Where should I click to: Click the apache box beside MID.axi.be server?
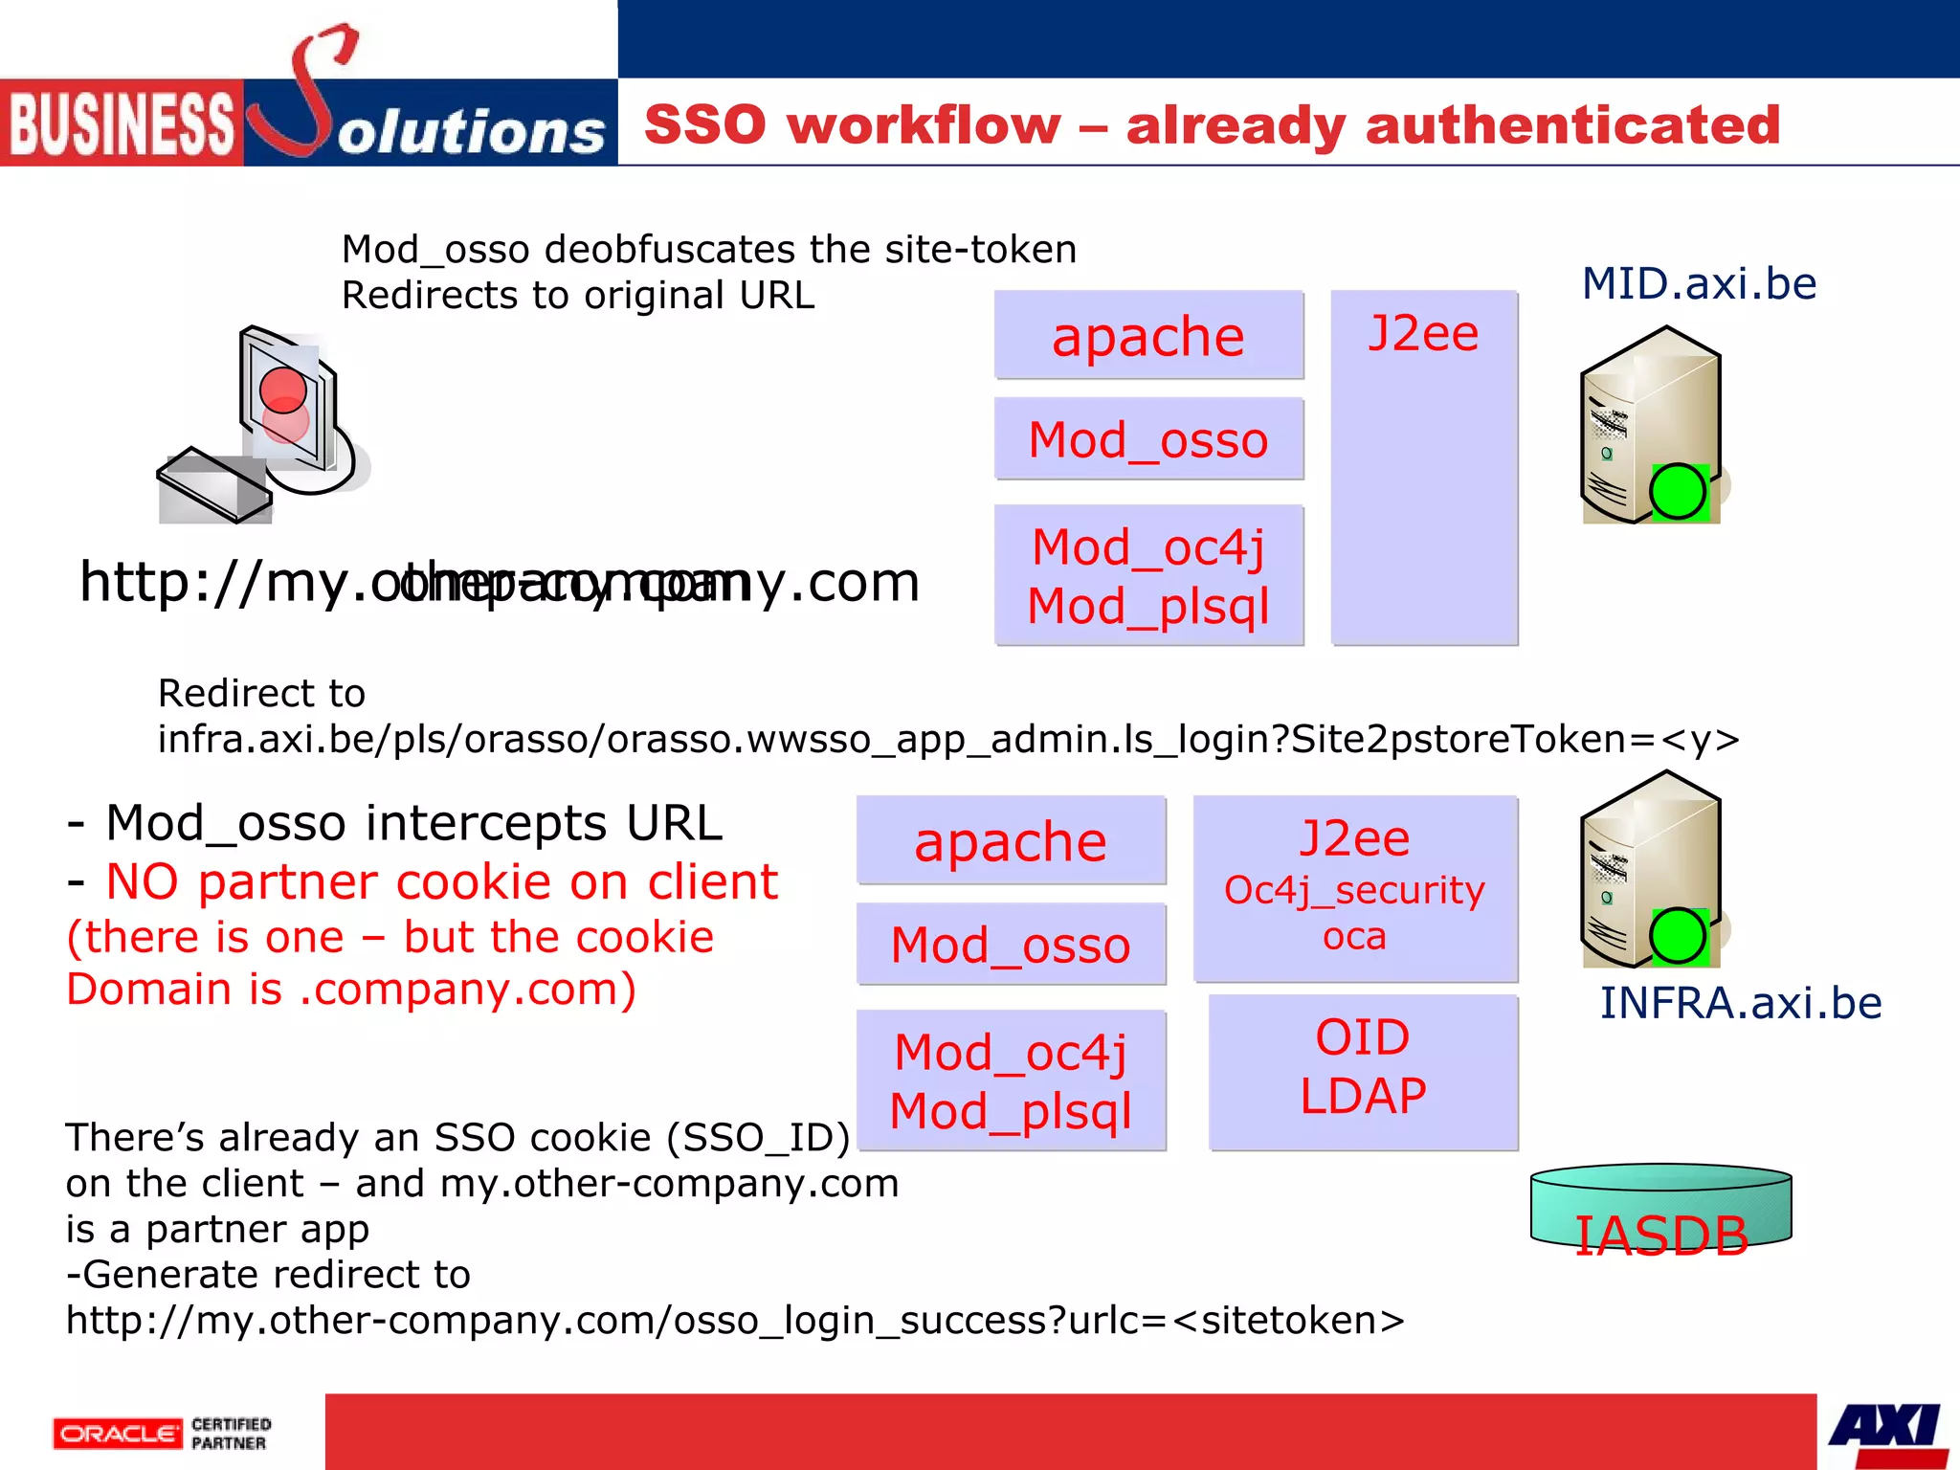(x=1148, y=336)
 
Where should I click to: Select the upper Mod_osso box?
(x=1148, y=439)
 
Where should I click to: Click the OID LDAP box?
(x=1363, y=1072)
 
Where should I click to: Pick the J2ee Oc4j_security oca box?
(x=1355, y=888)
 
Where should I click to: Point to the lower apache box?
(x=1011, y=841)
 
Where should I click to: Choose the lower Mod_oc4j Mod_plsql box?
(x=1011, y=1080)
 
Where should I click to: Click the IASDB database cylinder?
(x=1660, y=1208)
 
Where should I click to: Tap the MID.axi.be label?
(x=1699, y=283)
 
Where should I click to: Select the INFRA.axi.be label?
(x=1741, y=1003)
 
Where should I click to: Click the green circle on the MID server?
(x=1678, y=492)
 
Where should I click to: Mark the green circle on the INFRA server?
(x=1678, y=936)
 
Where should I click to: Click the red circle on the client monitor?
(x=283, y=390)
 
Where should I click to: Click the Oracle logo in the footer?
(x=117, y=1434)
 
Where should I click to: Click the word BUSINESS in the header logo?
(x=121, y=124)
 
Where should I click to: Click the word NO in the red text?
(x=143, y=881)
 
